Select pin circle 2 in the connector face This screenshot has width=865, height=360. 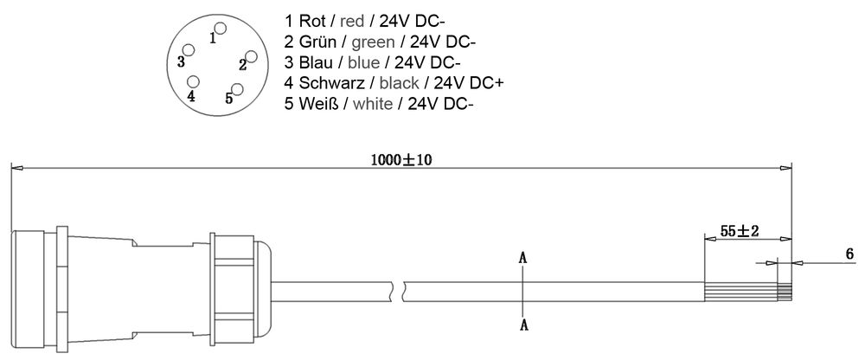[x=252, y=56]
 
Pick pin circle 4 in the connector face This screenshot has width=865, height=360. [x=194, y=82]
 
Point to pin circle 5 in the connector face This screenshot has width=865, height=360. [x=238, y=89]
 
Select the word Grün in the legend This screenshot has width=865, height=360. [x=313, y=41]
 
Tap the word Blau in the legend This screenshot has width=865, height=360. [x=313, y=61]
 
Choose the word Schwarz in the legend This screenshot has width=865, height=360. [x=328, y=83]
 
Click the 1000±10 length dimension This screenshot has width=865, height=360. [x=400, y=158]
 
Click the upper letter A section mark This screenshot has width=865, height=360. [x=522, y=258]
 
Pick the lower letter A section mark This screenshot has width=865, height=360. [x=522, y=324]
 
